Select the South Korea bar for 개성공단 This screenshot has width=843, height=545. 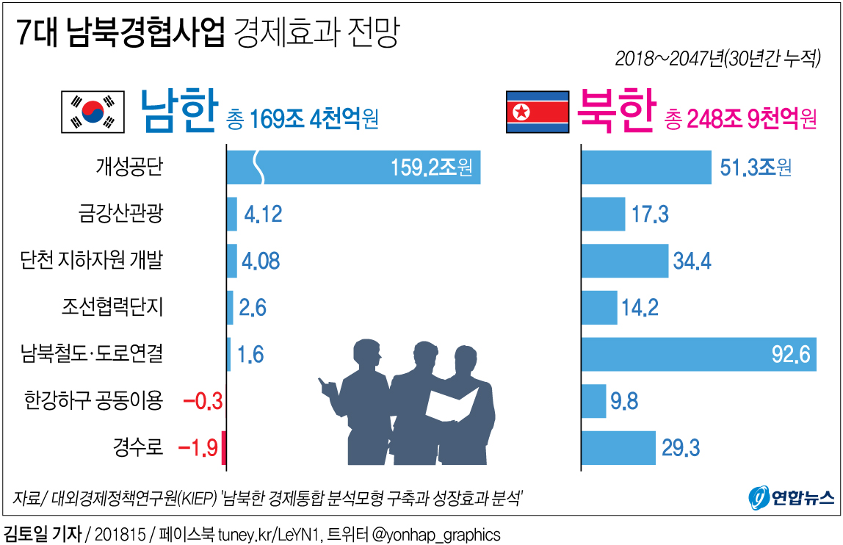[x=353, y=167]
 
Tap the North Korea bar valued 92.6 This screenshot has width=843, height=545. [x=698, y=355]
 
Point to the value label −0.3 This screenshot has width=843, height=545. [x=201, y=401]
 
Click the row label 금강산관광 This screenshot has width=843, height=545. [x=120, y=214]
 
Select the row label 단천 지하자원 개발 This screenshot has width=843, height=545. [x=92, y=260]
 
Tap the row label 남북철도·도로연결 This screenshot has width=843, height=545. [x=92, y=355]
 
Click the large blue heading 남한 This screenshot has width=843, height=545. [x=178, y=112]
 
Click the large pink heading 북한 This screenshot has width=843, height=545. [x=615, y=112]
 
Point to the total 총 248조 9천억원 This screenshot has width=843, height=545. [x=740, y=118]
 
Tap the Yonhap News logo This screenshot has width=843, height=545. [x=791, y=499]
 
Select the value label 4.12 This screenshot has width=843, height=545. [x=263, y=214]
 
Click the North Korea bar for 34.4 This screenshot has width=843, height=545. [x=624, y=261]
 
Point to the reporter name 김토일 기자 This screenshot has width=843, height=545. [x=43, y=533]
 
